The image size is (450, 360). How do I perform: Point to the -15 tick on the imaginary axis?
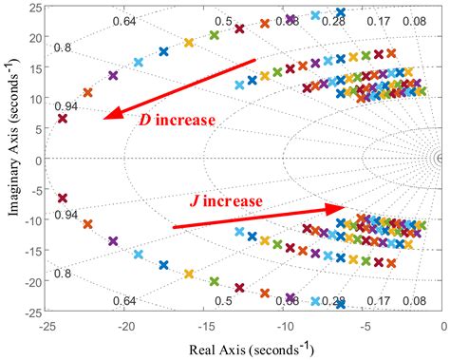(x=35, y=252)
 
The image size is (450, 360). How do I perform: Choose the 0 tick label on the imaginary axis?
(x=42, y=161)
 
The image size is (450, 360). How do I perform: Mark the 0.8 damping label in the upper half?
(x=63, y=47)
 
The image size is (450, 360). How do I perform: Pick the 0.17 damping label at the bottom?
(x=377, y=301)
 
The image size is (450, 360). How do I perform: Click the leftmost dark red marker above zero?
(x=63, y=119)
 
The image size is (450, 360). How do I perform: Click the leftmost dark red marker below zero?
(x=63, y=199)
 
